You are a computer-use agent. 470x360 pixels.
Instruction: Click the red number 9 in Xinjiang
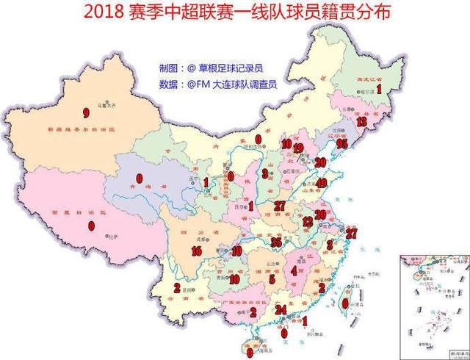tap(86, 113)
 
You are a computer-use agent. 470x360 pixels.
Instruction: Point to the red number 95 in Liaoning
tap(341, 144)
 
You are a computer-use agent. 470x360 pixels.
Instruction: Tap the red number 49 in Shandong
tap(321, 183)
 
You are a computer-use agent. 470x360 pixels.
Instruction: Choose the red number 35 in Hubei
tap(275, 242)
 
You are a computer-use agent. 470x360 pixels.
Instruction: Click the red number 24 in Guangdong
tap(280, 309)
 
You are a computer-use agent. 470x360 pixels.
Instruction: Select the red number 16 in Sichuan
tap(196, 251)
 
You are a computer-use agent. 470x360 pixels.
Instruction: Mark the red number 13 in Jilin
tap(361, 122)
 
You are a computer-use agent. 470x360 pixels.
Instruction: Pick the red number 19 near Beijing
tap(297, 148)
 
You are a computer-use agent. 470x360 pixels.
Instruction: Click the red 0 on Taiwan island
tap(345, 302)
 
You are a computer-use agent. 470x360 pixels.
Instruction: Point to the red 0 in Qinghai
tap(139, 178)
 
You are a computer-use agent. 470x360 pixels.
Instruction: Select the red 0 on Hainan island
tap(250, 352)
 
